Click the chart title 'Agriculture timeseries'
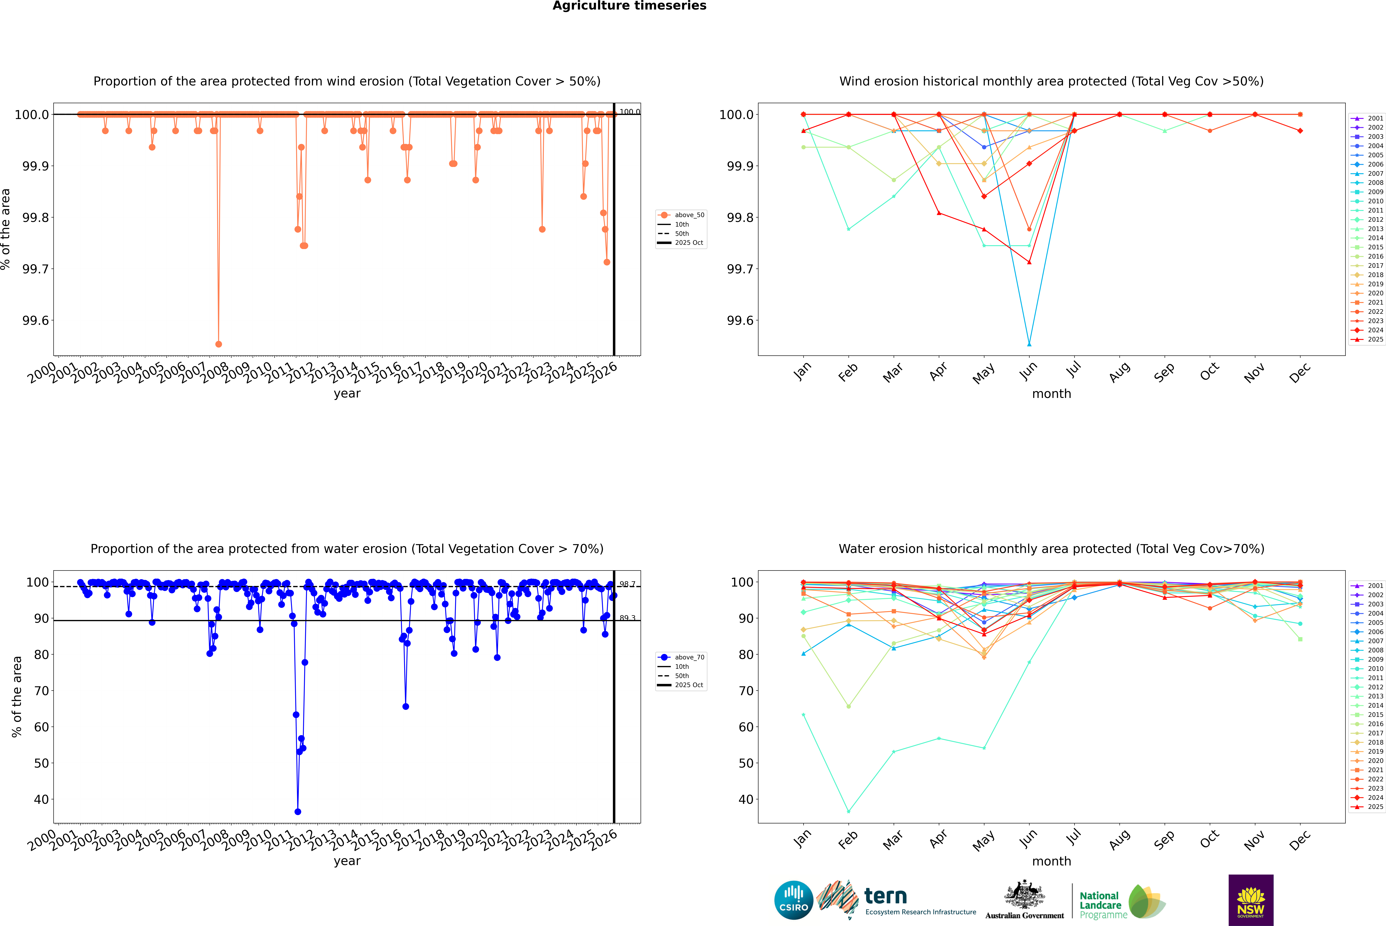pyautogui.click(x=629, y=6)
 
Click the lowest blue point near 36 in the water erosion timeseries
pyautogui.click(x=298, y=811)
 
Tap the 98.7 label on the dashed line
pyautogui.click(x=627, y=584)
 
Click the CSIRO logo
pyautogui.click(x=794, y=900)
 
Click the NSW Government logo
pyautogui.click(x=1251, y=900)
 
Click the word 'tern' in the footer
pyautogui.click(x=885, y=896)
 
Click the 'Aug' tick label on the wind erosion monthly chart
pyautogui.click(x=1120, y=372)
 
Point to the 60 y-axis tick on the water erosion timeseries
pyautogui.click(x=41, y=727)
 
